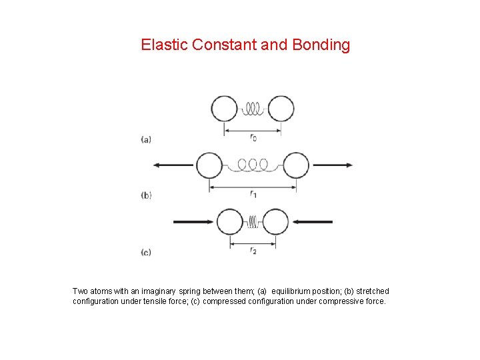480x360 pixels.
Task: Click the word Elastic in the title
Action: pos(164,45)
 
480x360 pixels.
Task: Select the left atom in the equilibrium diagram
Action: pos(224,109)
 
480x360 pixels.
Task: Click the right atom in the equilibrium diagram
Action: pos(281,109)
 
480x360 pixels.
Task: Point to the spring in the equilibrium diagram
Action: pos(252,109)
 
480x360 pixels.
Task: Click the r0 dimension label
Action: pos(253,138)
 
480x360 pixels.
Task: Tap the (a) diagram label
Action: pos(146,139)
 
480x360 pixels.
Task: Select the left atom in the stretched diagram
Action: pos(209,165)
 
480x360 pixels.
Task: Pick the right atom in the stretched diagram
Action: pos(296,165)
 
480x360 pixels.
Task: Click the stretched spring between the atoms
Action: pos(253,165)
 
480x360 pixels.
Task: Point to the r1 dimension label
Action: pos(253,194)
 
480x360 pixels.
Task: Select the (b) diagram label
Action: pos(146,195)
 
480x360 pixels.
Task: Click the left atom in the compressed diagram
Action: pos(230,222)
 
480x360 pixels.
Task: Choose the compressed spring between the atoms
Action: pos(253,222)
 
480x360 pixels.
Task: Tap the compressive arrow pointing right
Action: pos(193,222)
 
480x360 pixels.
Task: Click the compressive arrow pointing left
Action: pos(313,222)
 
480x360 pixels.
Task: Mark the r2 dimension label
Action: pos(253,251)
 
